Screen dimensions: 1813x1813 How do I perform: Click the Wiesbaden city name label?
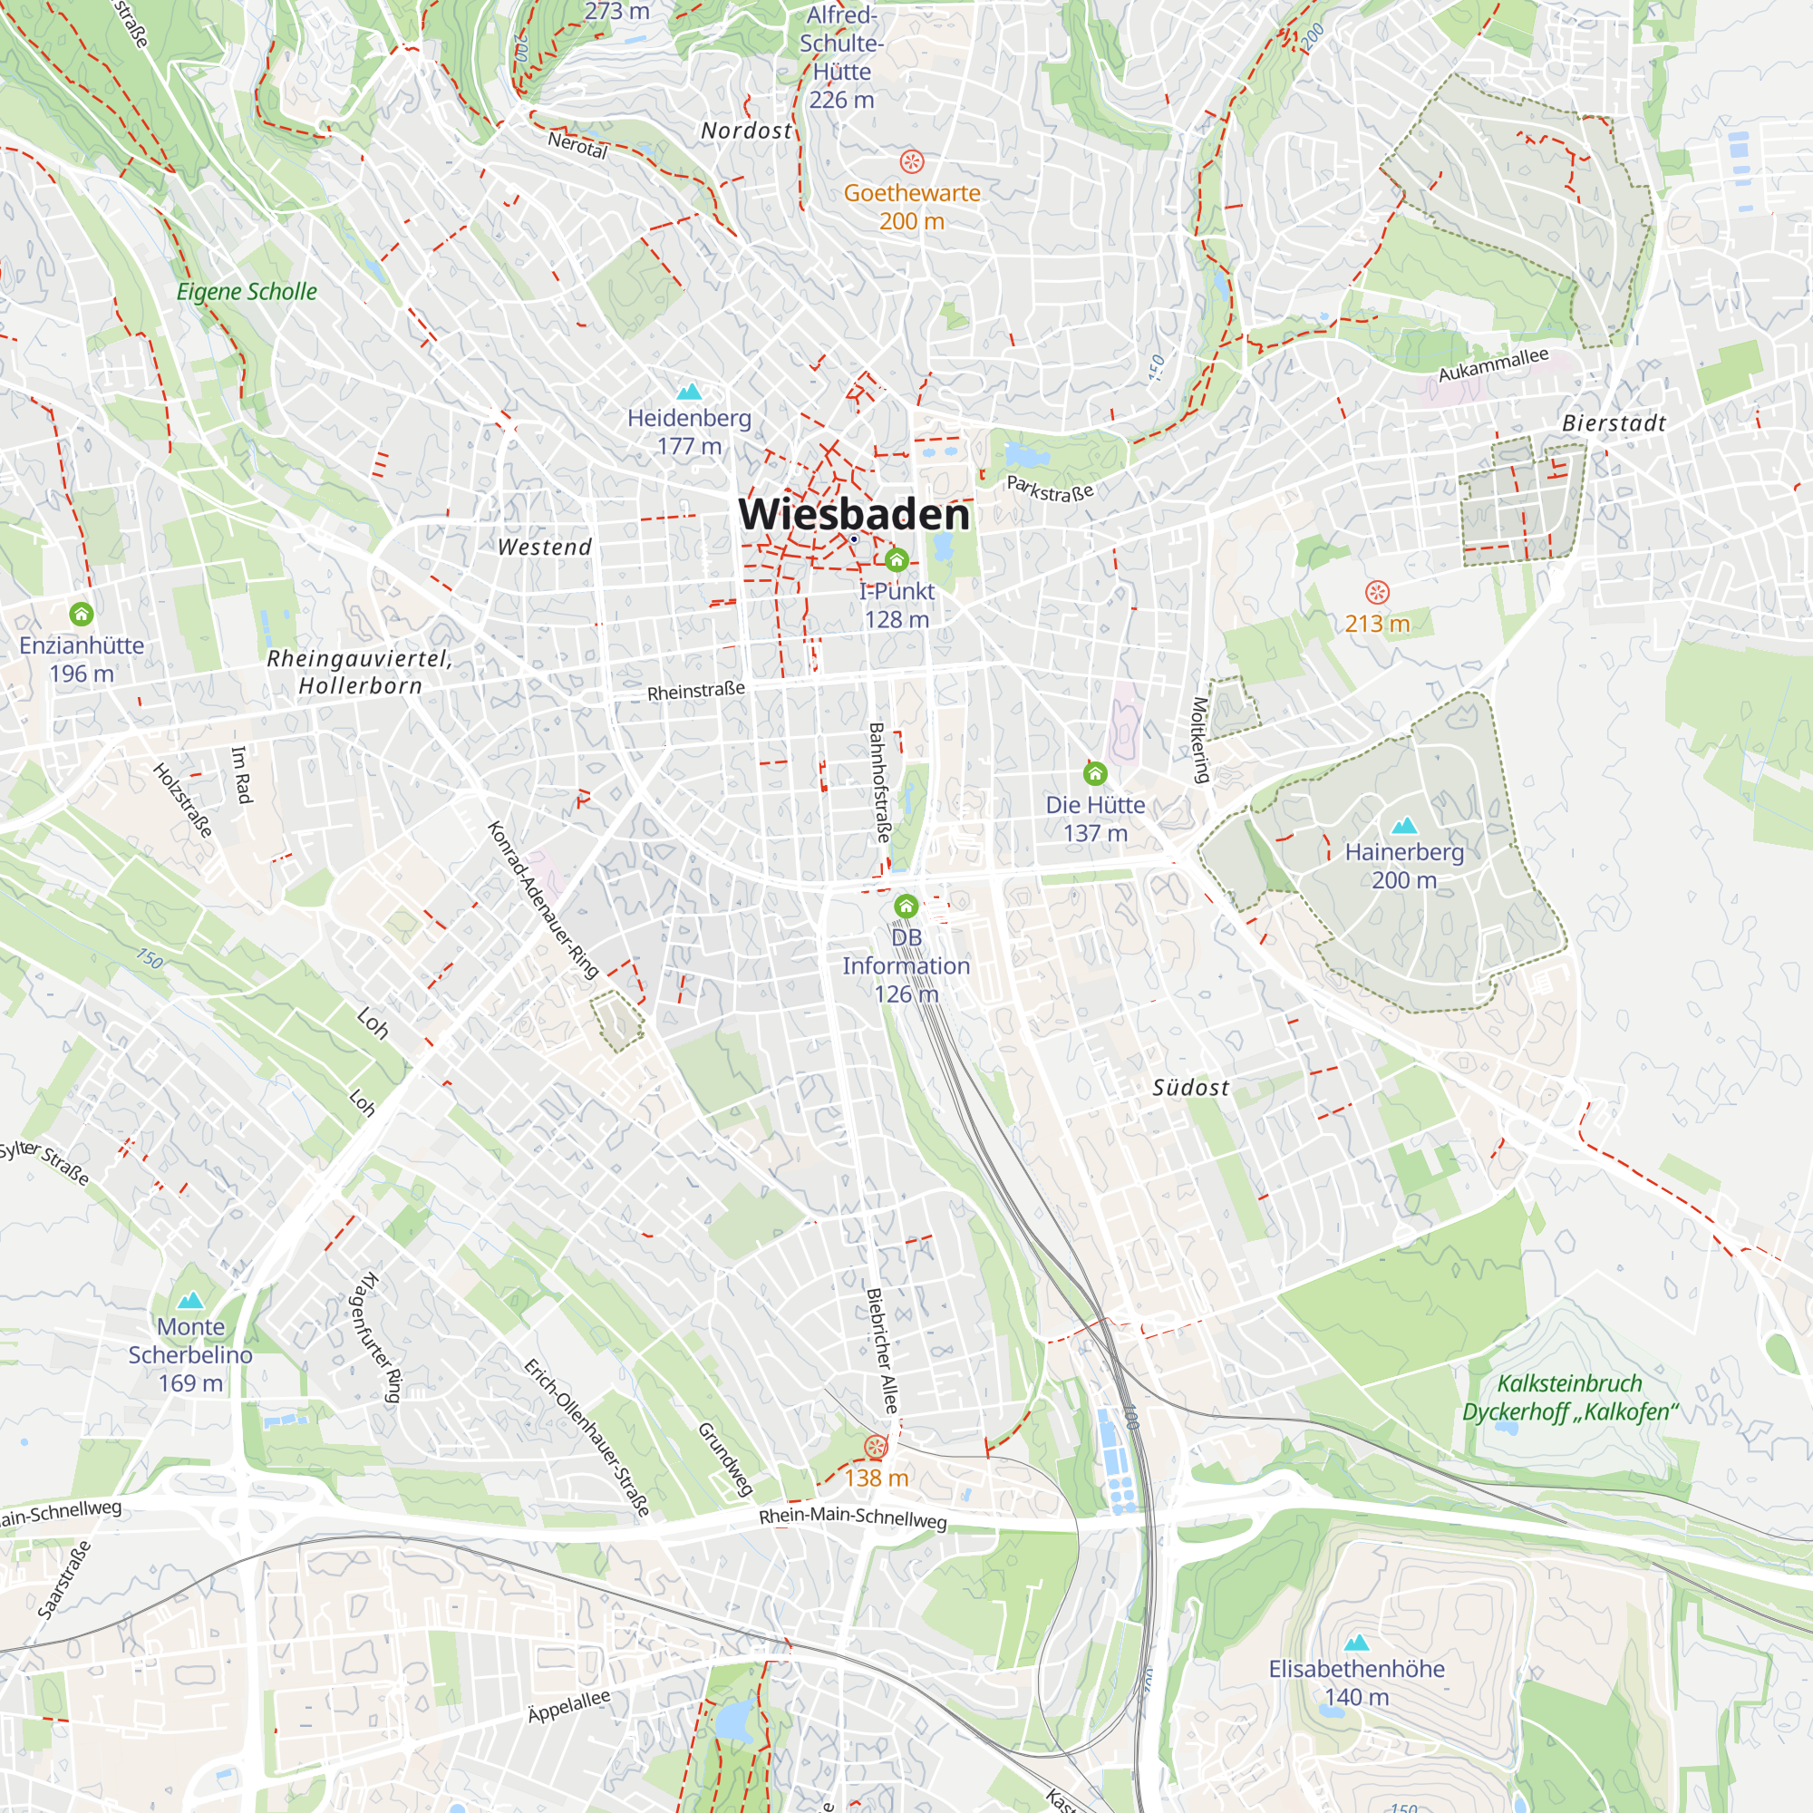(854, 514)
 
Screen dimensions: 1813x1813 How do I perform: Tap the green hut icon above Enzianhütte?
(82, 615)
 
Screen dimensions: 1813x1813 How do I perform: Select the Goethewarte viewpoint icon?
(911, 161)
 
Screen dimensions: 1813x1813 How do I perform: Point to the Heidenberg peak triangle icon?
(689, 392)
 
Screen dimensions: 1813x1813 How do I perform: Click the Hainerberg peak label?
(1404, 865)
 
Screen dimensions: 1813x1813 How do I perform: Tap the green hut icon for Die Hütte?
(1095, 774)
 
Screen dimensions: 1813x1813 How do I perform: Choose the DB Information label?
(906, 952)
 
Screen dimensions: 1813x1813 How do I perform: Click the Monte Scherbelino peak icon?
(190, 1300)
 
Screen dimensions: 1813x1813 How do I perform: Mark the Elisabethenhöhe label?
(1356, 1669)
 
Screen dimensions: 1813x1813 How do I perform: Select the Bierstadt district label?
(1614, 423)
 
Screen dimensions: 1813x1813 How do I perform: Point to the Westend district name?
(544, 548)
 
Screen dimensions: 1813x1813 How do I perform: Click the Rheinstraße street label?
(695, 692)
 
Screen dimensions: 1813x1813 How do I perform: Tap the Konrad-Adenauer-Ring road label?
(542, 899)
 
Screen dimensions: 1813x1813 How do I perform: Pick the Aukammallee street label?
(1493, 364)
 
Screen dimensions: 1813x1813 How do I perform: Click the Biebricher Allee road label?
(881, 1352)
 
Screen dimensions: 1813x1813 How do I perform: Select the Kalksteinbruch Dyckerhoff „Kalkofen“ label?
(1570, 1397)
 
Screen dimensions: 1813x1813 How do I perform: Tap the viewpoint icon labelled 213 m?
(1377, 592)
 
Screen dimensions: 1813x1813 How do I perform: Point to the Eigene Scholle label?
(247, 292)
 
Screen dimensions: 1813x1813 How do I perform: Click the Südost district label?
(1190, 1088)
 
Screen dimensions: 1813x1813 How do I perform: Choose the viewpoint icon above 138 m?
(876, 1446)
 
